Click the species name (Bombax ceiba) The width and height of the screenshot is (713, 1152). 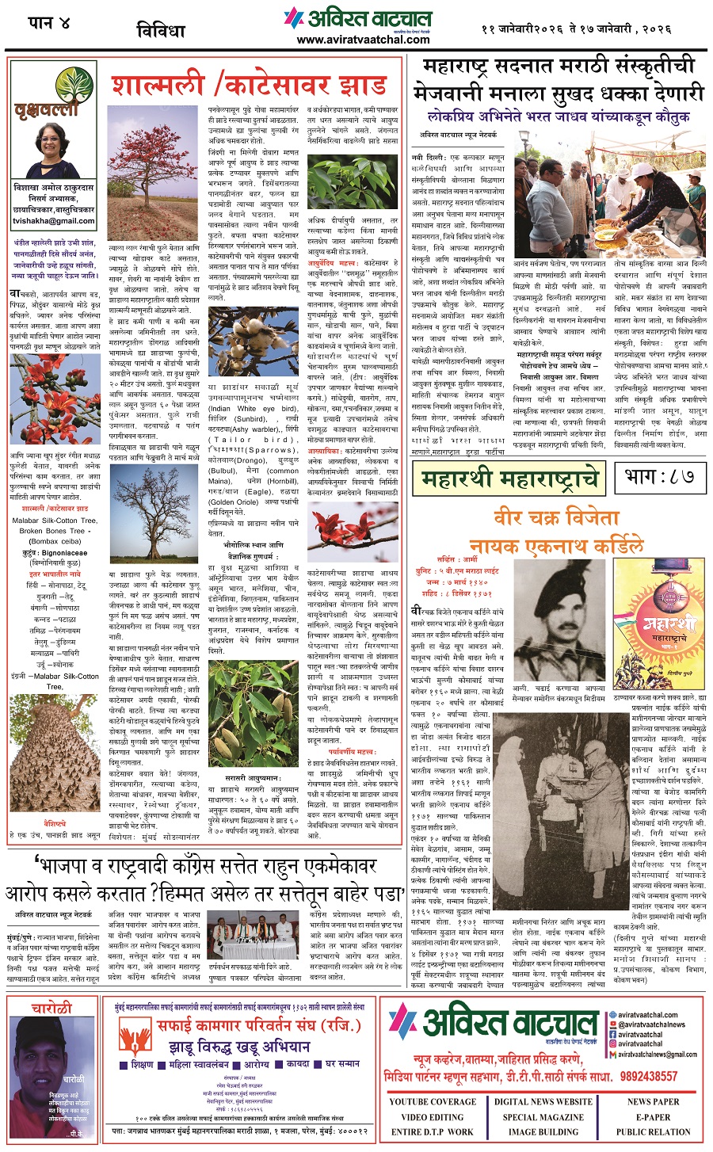[55, 541]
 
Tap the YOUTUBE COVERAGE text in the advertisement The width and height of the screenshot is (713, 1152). [433, 1101]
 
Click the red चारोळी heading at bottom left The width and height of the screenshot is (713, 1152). [52, 1009]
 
